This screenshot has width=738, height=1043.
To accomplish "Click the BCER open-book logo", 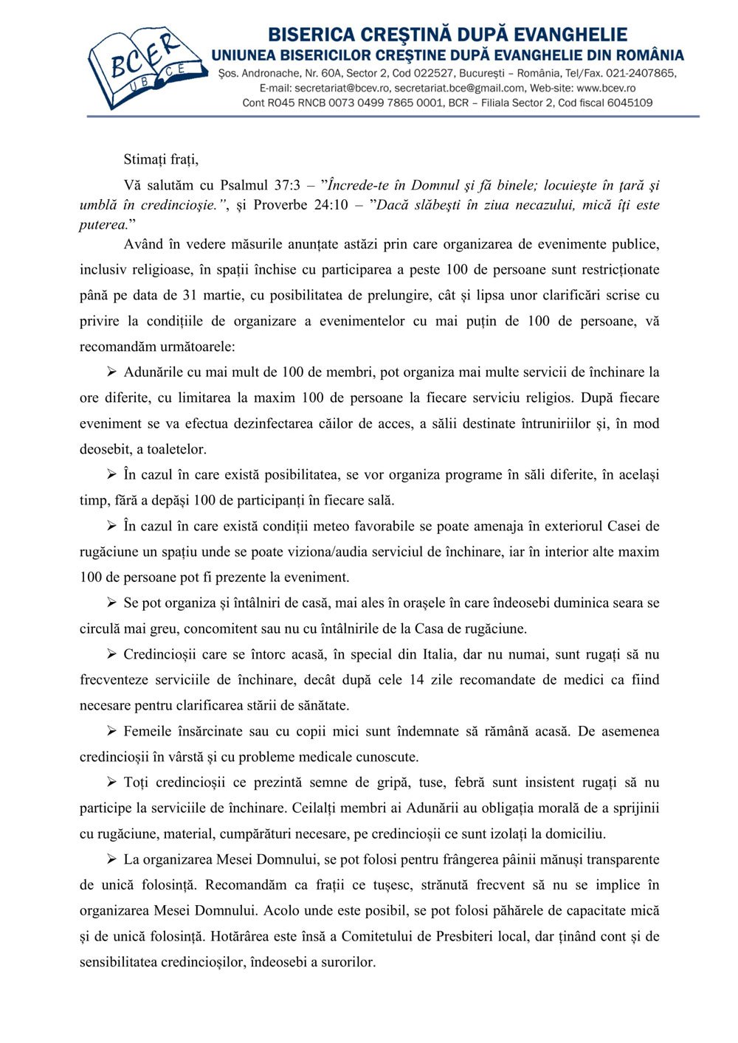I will [x=145, y=68].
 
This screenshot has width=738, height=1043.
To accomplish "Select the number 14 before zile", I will [x=417, y=679].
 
